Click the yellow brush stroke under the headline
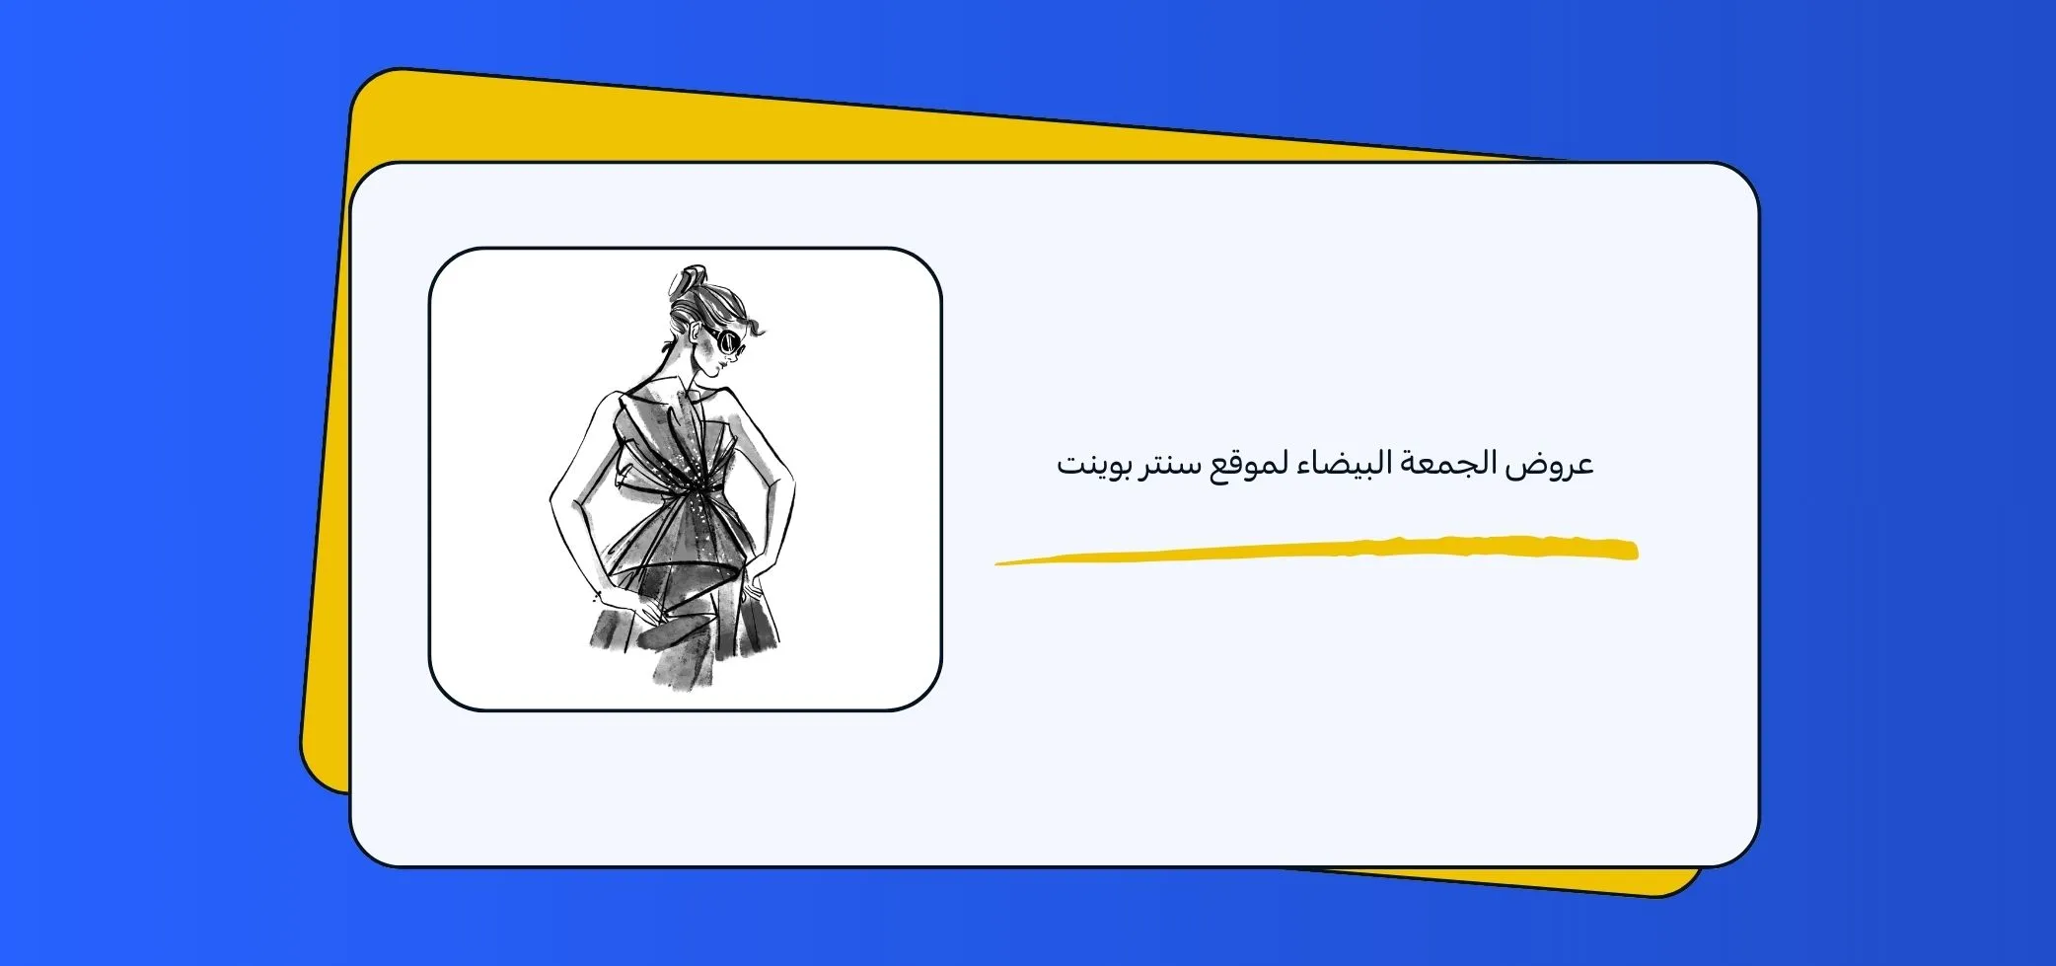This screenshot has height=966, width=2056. [1316, 551]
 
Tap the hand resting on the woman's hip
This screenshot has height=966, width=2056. [752, 592]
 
